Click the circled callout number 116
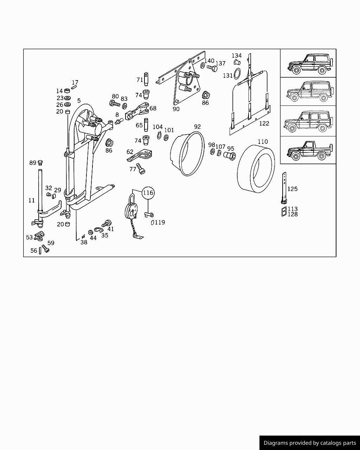click(x=148, y=193)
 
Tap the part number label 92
click(x=197, y=127)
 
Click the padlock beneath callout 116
click(x=131, y=211)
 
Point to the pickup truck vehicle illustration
click(x=308, y=150)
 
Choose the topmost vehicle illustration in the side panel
click(x=308, y=64)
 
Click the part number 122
click(x=264, y=123)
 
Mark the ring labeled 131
click(x=238, y=74)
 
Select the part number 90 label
click(x=176, y=109)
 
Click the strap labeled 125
click(x=284, y=188)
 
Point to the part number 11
click(x=32, y=200)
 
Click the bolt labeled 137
click(x=211, y=67)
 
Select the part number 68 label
click(x=153, y=108)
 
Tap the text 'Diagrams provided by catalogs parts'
click(x=309, y=443)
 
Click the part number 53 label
click(x=30, y=238)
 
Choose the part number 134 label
click(x=237, y=56)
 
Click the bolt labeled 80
click(x=115, y=104)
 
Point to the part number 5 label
click(x=79, y=101)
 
